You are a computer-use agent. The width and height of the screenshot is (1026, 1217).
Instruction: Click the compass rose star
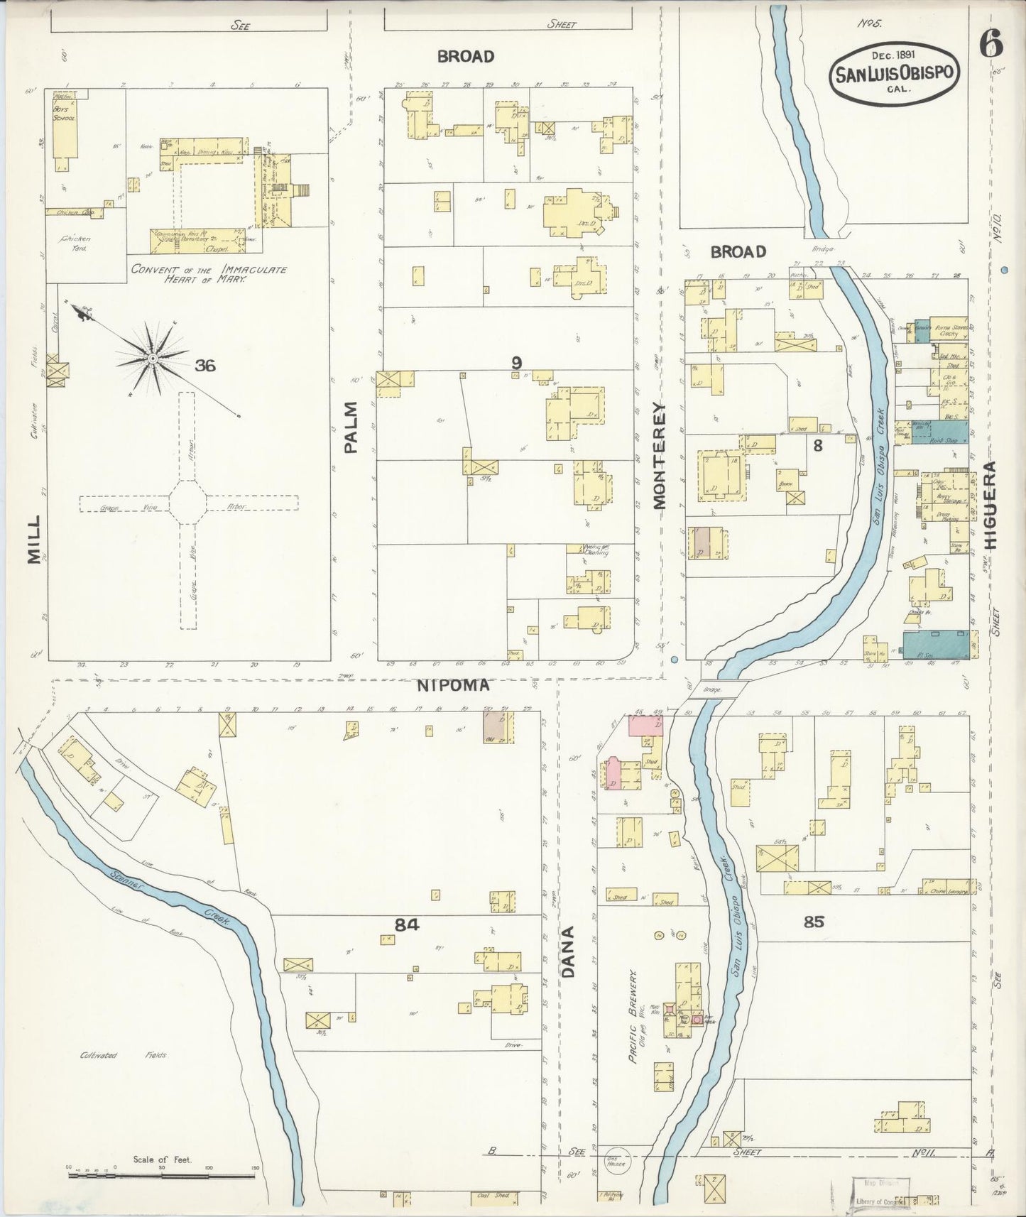[x=152, y=360]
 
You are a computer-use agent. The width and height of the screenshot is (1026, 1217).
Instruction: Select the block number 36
[x=205, y=366]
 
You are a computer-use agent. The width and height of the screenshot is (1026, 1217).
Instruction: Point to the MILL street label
[x=34, y=540]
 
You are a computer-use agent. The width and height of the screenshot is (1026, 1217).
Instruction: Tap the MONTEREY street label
[x=659, y=456]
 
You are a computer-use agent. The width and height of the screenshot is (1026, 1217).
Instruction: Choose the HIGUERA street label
[x=990, y=506]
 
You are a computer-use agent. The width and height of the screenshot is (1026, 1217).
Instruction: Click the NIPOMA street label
[x=453, y=686]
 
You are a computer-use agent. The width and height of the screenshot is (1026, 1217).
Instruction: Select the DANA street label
[x=568, y=951]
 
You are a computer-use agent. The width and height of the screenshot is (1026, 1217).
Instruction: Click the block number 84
[x=408, y=924]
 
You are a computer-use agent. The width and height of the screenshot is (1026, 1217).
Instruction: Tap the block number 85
[x=814, y=922]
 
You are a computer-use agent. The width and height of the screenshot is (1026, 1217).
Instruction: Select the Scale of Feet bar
[x=161, y=1176]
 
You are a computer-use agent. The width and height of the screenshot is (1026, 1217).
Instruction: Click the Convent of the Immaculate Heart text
[x=209, y=275]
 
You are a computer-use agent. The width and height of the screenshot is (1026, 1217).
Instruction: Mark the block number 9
[x=516, y=363]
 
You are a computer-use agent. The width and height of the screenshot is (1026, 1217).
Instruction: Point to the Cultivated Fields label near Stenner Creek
[x=124, y=1055]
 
